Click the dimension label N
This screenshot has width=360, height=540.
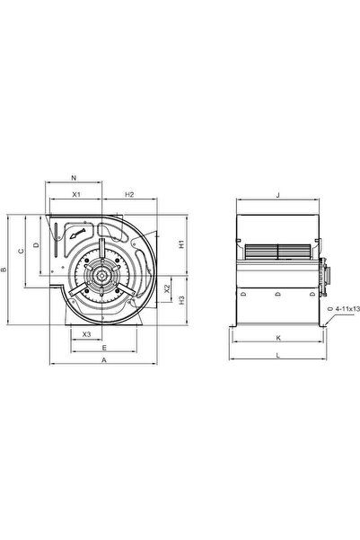74,178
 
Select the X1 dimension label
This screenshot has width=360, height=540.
76,195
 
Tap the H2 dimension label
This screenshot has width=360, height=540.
129,195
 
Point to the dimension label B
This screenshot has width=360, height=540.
4,270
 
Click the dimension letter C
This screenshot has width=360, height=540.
22,251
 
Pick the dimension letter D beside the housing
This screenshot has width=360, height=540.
36,245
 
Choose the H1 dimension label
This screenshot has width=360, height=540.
181,244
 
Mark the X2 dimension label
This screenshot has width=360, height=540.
167,288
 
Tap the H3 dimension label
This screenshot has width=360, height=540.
181,300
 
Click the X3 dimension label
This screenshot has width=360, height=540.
87,334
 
